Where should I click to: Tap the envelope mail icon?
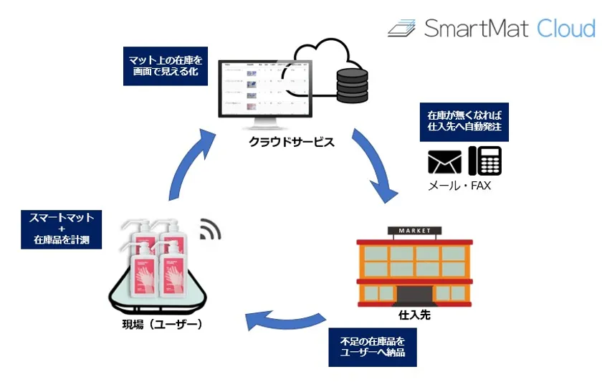click(444, 163)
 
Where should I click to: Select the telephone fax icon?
click(484, 161)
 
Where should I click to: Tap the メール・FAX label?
click(459, 186)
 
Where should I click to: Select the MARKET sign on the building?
click(408, 231)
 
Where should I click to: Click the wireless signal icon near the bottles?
click(211, 229)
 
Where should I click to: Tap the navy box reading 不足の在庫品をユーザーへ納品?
click(373, 348)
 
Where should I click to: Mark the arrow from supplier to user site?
click(283, 321)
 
